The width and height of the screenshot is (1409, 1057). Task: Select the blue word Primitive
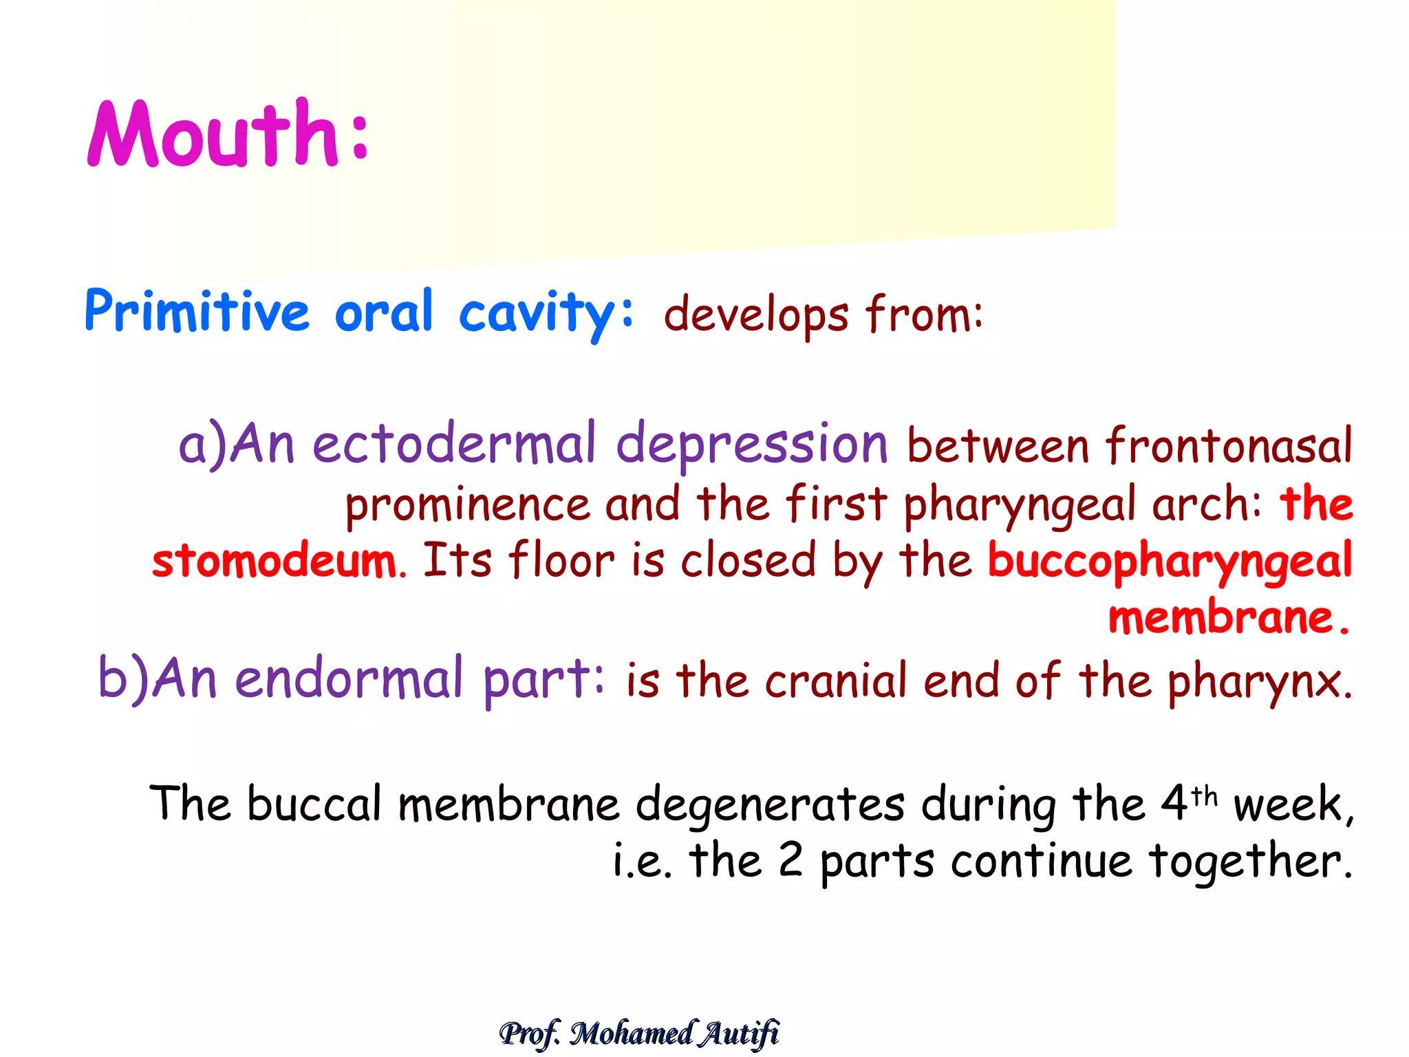click(197, 312)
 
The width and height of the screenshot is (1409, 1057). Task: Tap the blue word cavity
click(537, 313)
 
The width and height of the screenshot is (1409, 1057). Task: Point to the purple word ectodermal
click(454, 444)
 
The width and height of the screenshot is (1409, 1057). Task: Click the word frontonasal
click(1229, 446)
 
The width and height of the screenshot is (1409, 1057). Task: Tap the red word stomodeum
click(275, 561)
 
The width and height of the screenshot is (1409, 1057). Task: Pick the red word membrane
click(1221, 617)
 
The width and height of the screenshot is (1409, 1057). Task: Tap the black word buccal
click(314, 803)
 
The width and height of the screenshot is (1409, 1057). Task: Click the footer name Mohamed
click(632, 1033)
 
